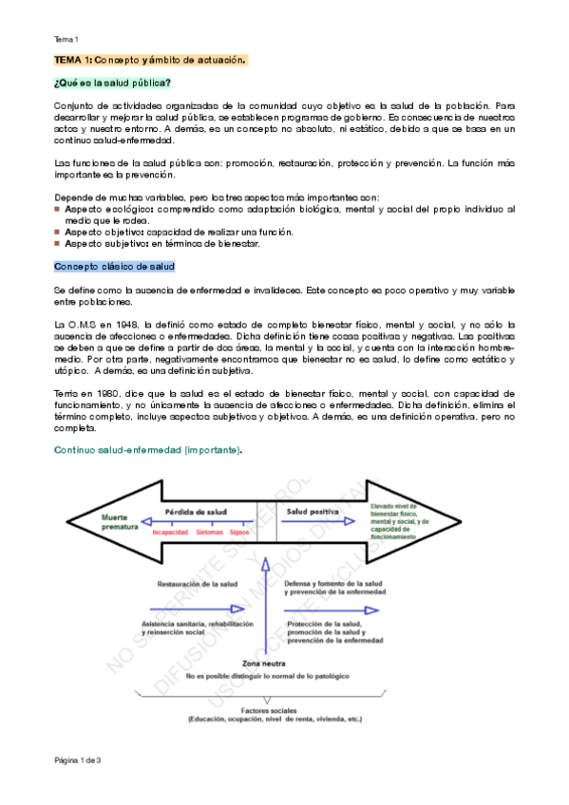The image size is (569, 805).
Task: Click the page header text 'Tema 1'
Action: [x=66, y=39]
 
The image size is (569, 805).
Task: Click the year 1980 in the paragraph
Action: [x=110, y=392]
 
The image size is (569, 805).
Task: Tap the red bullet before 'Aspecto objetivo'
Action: [x=58, y=232]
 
